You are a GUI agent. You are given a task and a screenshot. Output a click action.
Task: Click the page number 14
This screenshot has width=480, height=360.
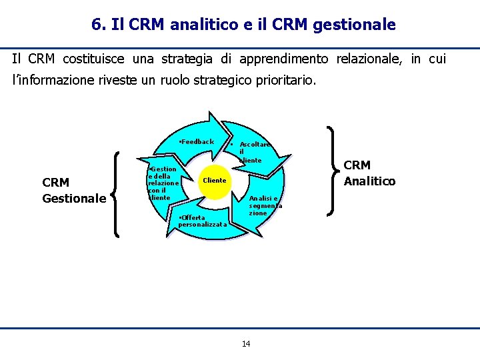coord(246,343)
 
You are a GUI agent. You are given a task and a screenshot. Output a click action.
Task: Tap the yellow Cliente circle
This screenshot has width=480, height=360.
coord(215,181)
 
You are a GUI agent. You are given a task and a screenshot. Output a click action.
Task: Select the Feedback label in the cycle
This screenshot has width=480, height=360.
coord(197,141)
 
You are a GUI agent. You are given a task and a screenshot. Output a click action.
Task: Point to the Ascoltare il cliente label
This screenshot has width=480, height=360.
coord(251,152)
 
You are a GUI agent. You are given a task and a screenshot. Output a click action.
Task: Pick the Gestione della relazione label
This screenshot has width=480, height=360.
coord(162,183)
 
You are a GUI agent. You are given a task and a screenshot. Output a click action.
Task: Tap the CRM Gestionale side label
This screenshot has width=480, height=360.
coord(74,191)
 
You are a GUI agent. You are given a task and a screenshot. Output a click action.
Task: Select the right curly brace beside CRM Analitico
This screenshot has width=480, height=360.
coord(334,171)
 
